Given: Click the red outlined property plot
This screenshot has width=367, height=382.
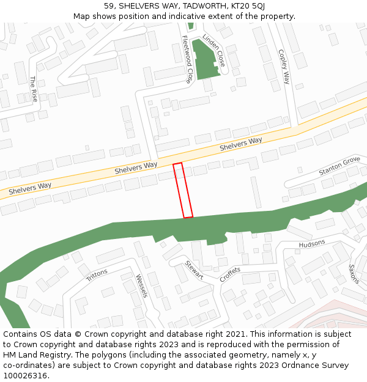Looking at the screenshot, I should click(x=183, y=190).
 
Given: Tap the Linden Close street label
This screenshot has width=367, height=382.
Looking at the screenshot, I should click(x=213, y=50).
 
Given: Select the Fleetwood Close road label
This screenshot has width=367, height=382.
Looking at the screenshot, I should click(x=187, y=59).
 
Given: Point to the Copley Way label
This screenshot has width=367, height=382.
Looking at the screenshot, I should click(x=283, y=66).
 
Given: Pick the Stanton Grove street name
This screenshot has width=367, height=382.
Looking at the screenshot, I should click(x=339, y=166).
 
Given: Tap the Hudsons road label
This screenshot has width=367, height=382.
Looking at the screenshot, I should click(x=312, y=244).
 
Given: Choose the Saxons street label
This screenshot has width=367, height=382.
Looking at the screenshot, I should click(x=354, y=273).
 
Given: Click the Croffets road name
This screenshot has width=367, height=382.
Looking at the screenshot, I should click(x=230, y=274).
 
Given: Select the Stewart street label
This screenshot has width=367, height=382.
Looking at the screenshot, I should click(x=194, y=270).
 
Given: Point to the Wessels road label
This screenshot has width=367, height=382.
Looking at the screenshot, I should click(x=142, y=285).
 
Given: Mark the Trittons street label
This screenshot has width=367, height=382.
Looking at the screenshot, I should click(x=97, y=275).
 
